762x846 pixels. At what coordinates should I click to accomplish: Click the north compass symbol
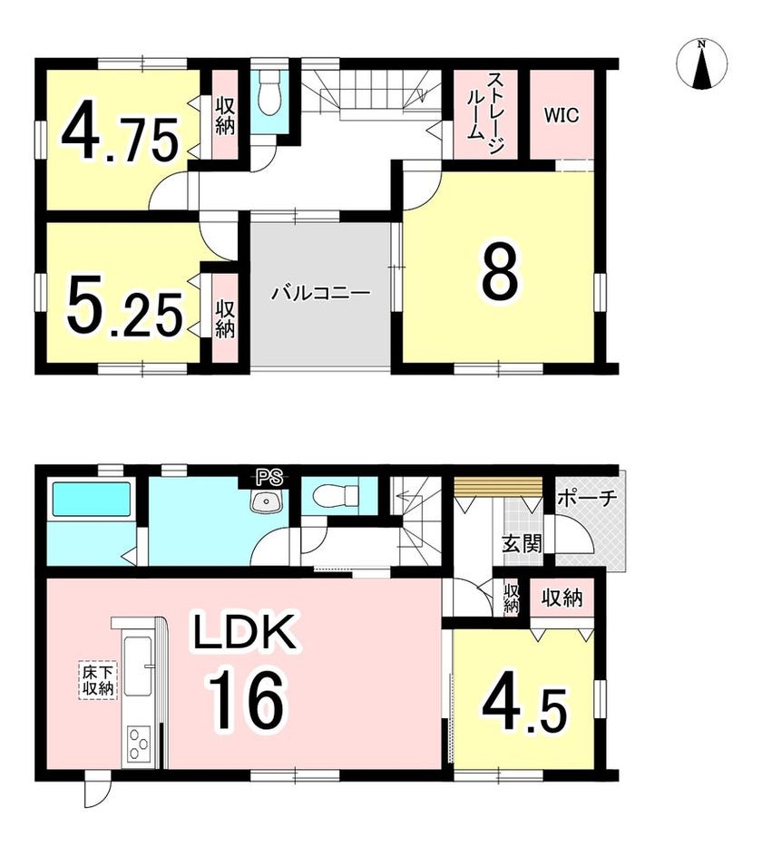point(701,63)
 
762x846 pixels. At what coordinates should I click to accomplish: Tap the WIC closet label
point(562,115)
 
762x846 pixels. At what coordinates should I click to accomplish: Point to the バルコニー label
point(320,294)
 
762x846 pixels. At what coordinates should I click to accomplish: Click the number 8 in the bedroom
point(499,275)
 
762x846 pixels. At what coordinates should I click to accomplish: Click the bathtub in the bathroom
point(92,501)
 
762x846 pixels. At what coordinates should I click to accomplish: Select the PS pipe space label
point(269,477)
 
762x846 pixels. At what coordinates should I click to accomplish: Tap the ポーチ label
point(587,498)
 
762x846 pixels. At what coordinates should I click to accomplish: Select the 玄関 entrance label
point(522,544)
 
